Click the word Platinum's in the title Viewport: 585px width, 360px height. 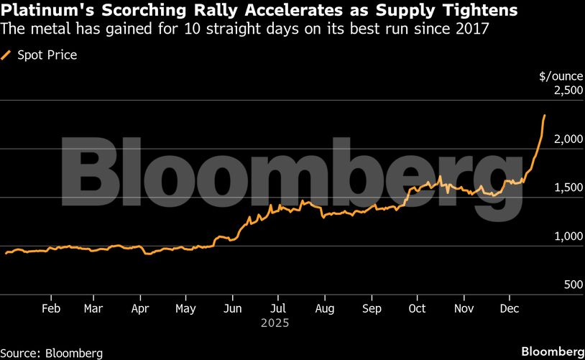pyautogui.click(x=41, y=11)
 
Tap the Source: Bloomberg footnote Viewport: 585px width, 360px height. pyautogui.click(x=52, y=353)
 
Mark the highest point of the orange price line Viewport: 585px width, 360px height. pyautogui.click(x=544, y=115)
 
